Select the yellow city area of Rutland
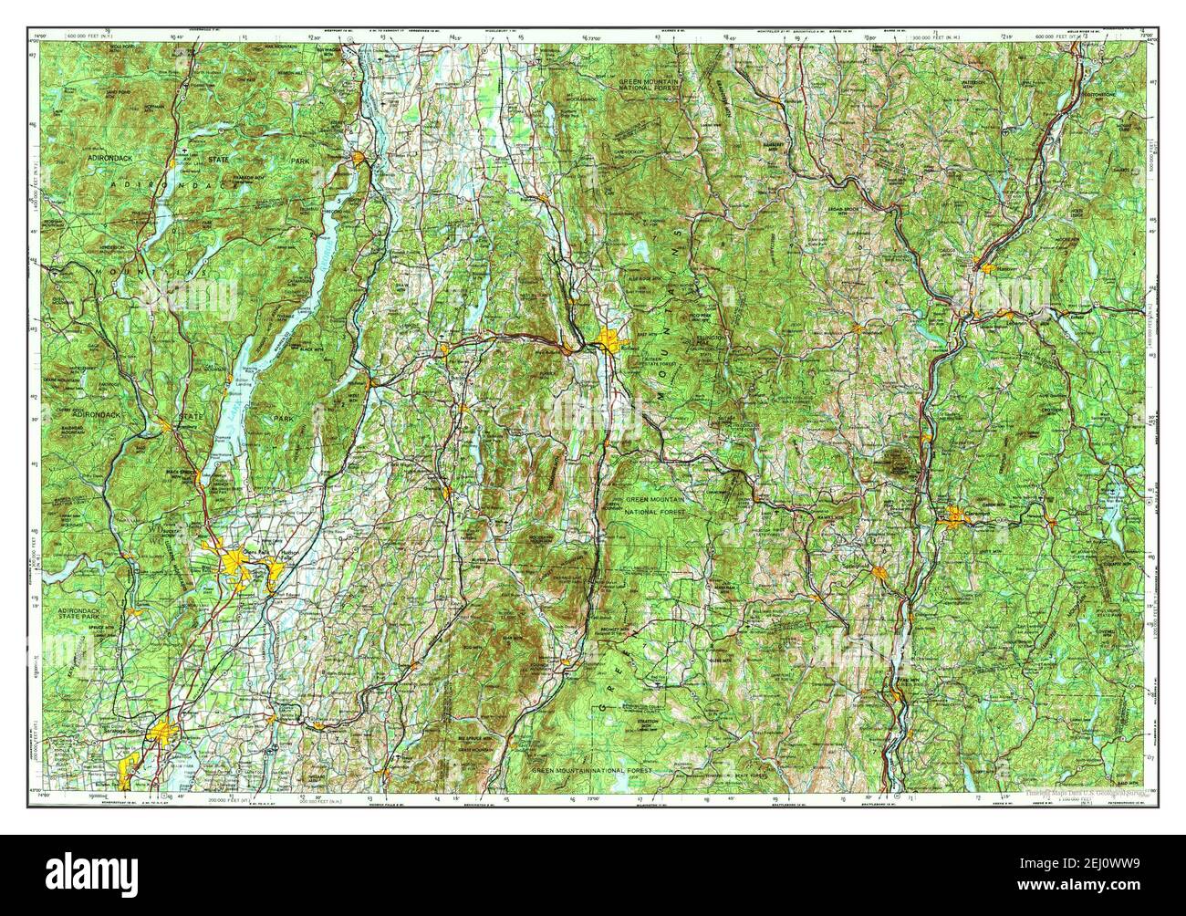609,343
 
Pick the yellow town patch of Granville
446,493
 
